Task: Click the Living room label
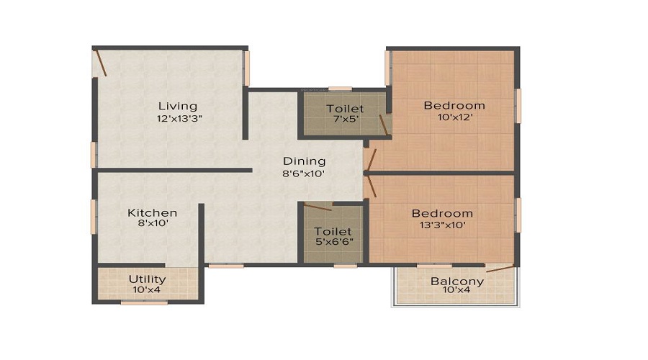click(178, 107)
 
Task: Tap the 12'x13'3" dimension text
click(180, 119)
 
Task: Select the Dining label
click(304, 161)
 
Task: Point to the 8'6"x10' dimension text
click(304, 174)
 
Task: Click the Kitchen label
click(152, 212)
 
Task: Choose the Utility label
click(147, 279)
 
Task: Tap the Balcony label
click(456, 281)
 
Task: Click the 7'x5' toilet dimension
click(344, 121)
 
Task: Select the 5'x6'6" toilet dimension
click(333, 243)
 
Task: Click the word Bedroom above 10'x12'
click(454, 105)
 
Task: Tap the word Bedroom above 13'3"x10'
click(442, 213)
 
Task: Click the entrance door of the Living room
click(101, 62)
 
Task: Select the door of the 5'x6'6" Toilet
click(318, 207)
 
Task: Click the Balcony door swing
click(500, 269)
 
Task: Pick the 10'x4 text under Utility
click(147, 290)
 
